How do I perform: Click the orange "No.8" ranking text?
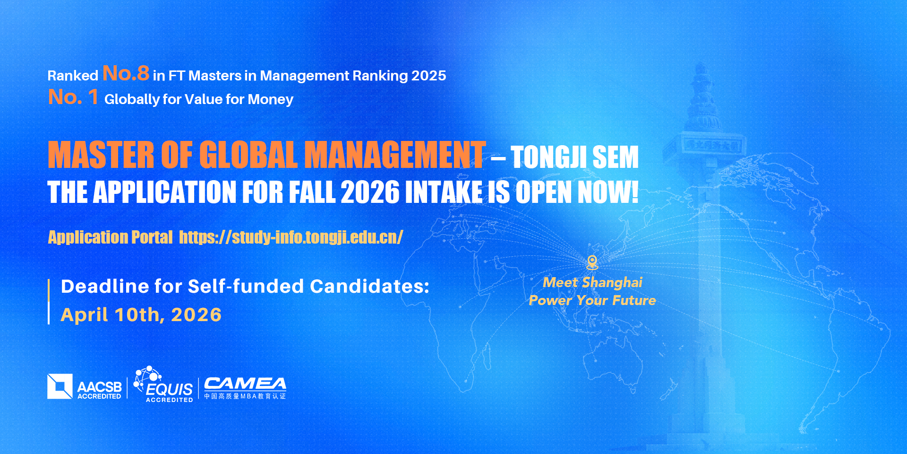(126, 73)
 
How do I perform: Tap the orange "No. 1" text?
(73, 97)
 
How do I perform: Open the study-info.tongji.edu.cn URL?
(291, 237)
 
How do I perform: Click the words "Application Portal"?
(111, 237)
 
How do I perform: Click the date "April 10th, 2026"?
(141, 314)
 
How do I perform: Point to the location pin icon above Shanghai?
(592, 262)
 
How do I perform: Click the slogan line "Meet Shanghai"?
(592, 282)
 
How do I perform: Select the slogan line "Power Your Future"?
(592, 300)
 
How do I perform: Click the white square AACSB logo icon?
(60, 386)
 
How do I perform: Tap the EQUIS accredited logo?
(164, 384)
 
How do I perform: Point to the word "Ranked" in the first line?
(73, 76)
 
